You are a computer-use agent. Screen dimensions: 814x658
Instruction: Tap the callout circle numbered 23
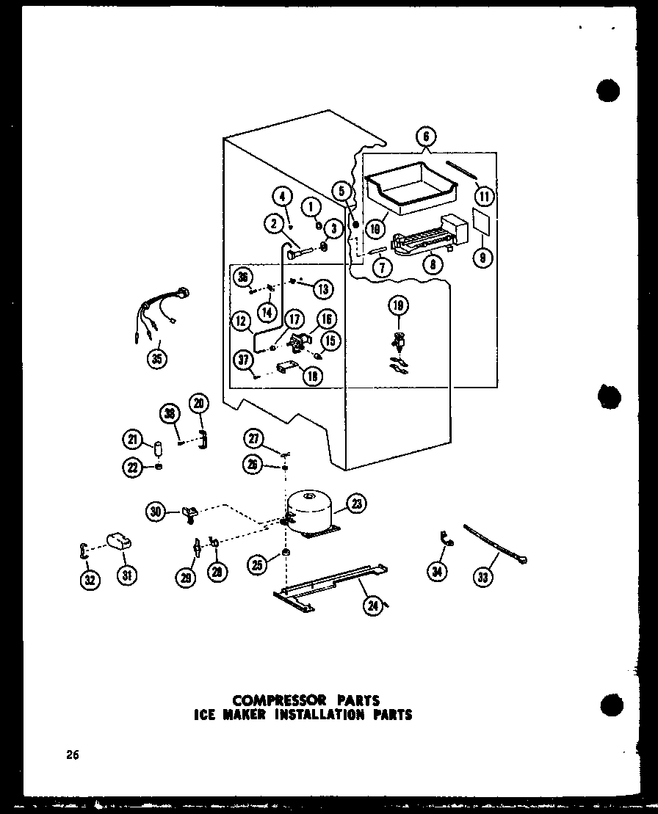coord(358,504)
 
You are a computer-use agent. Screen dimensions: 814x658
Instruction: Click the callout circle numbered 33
coord(483,578)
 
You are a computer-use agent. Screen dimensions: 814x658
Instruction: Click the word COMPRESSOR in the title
coord(268,700)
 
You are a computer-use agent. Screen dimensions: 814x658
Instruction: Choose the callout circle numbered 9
coord(482,258)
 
